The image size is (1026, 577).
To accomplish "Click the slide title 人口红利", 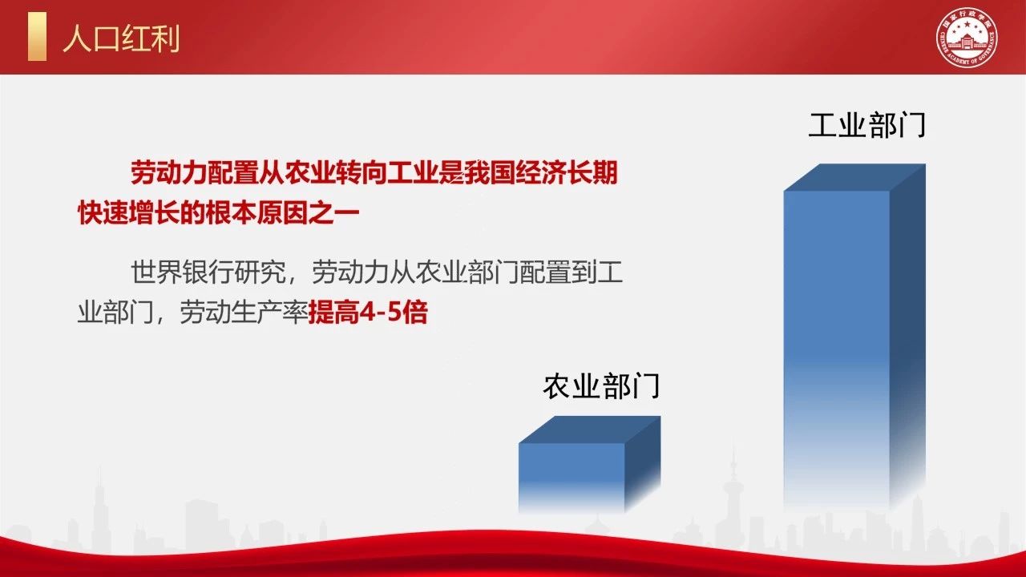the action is coord(121,38).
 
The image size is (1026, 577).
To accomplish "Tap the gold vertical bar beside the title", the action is coord(37,36).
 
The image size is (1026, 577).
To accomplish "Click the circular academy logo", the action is coord(966,37).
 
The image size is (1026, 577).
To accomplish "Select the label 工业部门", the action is coord(867,124).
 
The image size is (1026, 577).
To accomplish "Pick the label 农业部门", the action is coord(601,385).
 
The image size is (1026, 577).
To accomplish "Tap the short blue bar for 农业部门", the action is coord(589,464).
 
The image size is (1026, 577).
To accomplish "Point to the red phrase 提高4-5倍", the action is coord(368,313).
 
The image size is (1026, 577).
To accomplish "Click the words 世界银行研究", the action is coord(208,272).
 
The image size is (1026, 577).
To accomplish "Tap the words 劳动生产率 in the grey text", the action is coord(244,313).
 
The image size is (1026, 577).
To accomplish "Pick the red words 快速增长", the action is coord(129,212).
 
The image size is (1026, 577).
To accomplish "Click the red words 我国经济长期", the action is coord(541,172).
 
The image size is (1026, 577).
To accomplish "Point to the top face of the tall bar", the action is coord(854,177).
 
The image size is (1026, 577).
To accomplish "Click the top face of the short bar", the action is coord(589,430).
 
